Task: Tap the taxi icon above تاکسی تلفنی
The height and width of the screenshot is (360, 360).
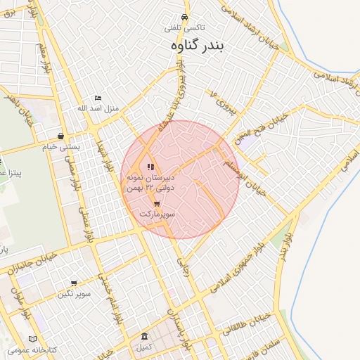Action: coord(184,17)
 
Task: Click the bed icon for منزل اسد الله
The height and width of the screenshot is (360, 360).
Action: coord(98,98)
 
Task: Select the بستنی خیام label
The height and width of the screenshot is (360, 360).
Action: coord(58,147)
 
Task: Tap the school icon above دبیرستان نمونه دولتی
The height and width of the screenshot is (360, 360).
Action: coord(150,167)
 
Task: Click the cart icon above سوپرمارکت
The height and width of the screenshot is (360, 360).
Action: coord(156,205)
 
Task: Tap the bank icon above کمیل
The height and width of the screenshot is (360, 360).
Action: coord(144,337)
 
